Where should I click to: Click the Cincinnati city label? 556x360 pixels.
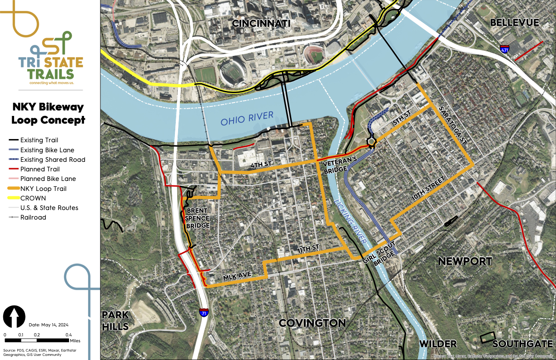(261, 23)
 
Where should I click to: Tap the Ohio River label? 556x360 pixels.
(247, 119)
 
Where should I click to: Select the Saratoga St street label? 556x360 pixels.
(456, 125)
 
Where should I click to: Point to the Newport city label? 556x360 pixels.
(465, 261)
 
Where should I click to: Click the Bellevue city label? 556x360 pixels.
(514, 22)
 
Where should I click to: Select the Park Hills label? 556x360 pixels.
(115, 320)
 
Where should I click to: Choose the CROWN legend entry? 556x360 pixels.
(33, 198)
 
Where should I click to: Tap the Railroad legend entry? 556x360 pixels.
(33, 217)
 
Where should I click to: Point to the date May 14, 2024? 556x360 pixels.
(48, 325)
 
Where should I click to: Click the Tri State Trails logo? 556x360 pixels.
(50, 59)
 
